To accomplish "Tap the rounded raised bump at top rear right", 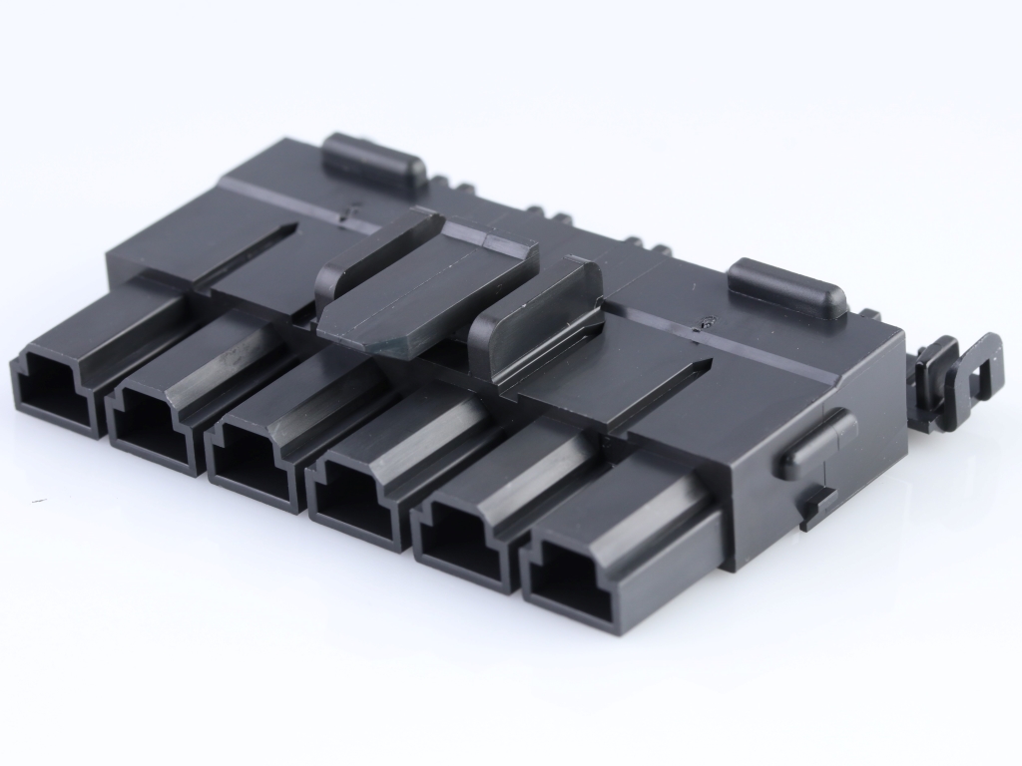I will (x=787, y=286).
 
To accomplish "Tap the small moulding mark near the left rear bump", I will (x=345, y=210).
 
